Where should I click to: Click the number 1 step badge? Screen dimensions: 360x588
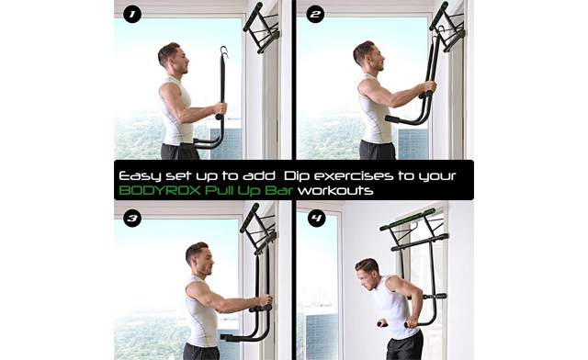click(x=131, y=16)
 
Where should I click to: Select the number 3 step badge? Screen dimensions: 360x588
click(x=131, y=219)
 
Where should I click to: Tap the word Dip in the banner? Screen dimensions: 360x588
click(x=299, y=173)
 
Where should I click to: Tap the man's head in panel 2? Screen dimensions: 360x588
click(x=365, y=56)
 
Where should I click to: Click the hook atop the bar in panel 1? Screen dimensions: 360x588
click(x=223, y=52)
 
